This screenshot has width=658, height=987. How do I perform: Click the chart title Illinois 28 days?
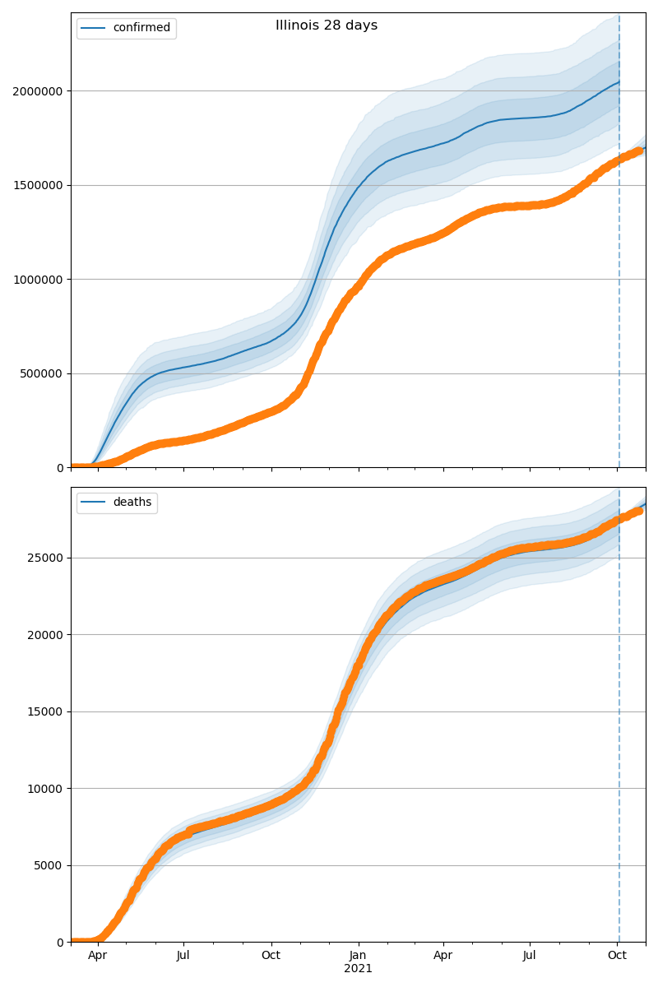pyautogui.click(x=327, y=25)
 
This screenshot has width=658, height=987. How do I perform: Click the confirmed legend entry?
pyautogui.click(x=141, y=28)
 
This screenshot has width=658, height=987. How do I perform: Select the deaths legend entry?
pyautogui.click(x=132, y=503)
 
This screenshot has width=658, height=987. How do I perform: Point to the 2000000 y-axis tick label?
pyautogui.click(x=38, y=91)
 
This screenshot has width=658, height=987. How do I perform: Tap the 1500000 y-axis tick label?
pyautogui.click(x=38, y=185)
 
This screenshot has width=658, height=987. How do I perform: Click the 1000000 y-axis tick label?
pyautogui.click(x=38, y=280)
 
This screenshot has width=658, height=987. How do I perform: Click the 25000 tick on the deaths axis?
pyautogui.click(x=48, y=558)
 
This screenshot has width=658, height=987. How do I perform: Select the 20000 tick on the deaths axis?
pyautogui.click(x=48, y=635)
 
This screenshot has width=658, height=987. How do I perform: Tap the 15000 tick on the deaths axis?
pyautogui.click(x=48, y=711)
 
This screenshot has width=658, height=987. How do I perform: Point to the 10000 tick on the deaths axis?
pyautogui.click(x=48, y=789)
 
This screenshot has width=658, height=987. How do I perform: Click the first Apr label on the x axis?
pyautogui.click(x=98, y=956)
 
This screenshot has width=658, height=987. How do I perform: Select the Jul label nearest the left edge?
pyautogui.click(x=183, y=956)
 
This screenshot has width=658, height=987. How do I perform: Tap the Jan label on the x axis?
pyautogui.click(x=358, y=956)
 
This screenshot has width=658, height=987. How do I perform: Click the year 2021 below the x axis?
pyautogui.click(x=358, y=969)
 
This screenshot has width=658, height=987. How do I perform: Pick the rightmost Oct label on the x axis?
pyautogui.click(x=618, y=956)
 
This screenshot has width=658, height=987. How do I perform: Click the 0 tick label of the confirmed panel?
pyautogui.click(x=61, y=468)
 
